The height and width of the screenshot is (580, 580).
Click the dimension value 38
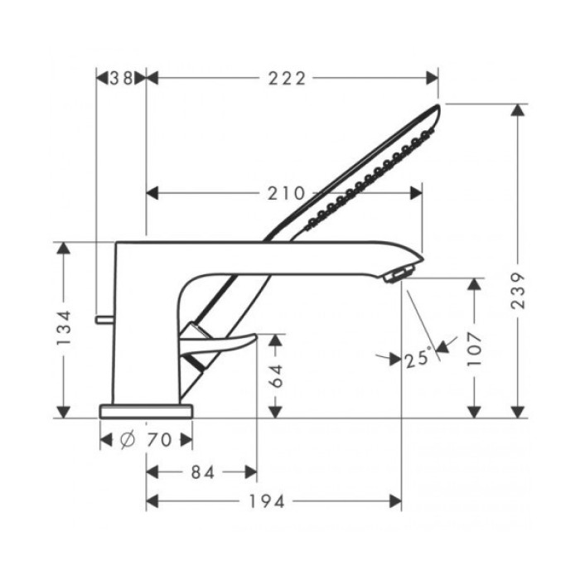pos(122,78)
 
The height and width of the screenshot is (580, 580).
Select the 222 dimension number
pos(288,78)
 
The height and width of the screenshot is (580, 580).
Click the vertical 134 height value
pos(65,330)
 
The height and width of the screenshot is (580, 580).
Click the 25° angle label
pos(418,358)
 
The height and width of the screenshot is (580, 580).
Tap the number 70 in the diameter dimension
pos(159,440)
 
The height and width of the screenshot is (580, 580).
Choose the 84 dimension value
pos(201,471)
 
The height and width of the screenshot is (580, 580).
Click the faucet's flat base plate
pos(147,410)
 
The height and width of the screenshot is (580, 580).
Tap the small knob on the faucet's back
pos(104,318)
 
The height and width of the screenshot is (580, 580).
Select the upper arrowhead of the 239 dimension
pos(520,110)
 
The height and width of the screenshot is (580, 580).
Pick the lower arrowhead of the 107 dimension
pos(474,411)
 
